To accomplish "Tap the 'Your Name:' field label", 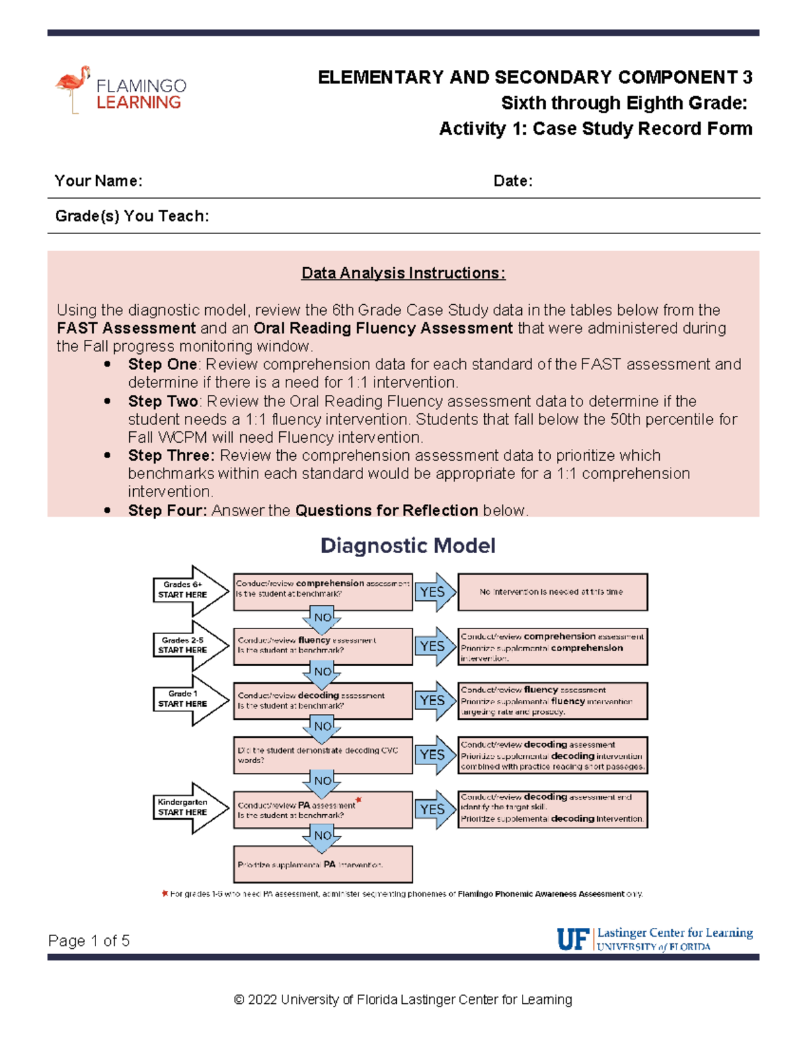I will pyautogui.click(x=98, y=181).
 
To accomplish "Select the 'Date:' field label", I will pyautogui.click(x=512, y=181).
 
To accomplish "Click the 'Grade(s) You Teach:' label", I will pyautogui.click(x=132, y=216).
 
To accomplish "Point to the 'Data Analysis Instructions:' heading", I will pyautogui.click(x=403, y=273).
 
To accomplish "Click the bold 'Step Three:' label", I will pyautogui.click(x=171, y=456).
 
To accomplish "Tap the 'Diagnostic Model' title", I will pyautogui.click(x=408, y=546).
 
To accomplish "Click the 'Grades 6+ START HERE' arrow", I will pyautogui.click(x=188, y=590).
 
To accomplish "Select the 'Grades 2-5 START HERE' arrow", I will pyautogui.click(x=188, y=645).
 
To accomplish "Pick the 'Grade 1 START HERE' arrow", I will pyautogui.click(x=188, y=699).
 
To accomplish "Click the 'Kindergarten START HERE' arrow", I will pyautogui.click(x=188, y=807).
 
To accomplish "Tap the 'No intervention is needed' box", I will pyautogui.click(x=552, y=592).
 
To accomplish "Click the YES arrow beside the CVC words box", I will pyautogui.click(x=434, y=755).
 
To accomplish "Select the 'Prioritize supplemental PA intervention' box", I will pyautogui.click(x=323, y=865).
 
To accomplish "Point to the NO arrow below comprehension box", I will pyautogui.click(x=322, y=618).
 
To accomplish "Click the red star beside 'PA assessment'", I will pyautogui.click(x=358, y=799).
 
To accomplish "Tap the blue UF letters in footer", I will pyautogui.click(x=573, y=939).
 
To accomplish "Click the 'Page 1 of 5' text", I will pyautogui.click(x=89, y=941).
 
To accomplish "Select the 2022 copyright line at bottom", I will pyautogui.click(x=403, y=1000).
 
